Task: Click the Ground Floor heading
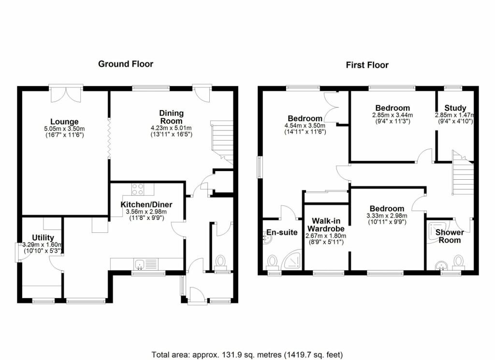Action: pos(126,64)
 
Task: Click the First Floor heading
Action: pos(367,65)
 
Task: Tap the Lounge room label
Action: pos(64,121)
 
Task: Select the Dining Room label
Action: pos(171,117)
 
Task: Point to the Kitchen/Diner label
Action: pos(146,204)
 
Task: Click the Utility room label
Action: pos(43,238)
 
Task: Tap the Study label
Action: pos(455,108)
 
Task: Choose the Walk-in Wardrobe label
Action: pos(326,225)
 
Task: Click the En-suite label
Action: pos(282,232)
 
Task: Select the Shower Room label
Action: pos(450,236)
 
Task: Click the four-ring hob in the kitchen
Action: pos(138,189)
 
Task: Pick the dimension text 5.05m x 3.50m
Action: pos(64,129)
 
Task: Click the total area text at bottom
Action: pos(247,355)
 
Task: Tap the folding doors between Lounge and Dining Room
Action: pos(109,138)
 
